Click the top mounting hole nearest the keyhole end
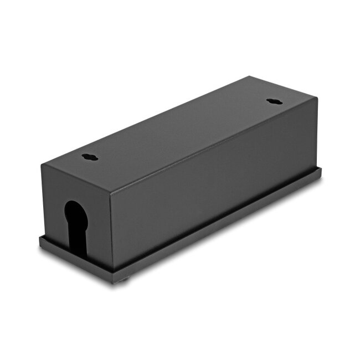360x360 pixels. tap(90, 157)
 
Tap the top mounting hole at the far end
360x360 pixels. tap(274, 101)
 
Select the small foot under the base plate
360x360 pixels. tap(123, 280)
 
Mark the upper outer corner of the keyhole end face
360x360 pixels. tap(43, 164)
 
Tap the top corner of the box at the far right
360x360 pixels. tap(317, 97)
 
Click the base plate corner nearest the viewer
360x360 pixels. tap(114, 282)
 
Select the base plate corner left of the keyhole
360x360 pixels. tap(40, 239)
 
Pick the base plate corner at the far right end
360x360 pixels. tap(321, 172)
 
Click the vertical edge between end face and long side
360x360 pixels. tap(111, 233)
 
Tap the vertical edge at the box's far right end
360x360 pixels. tap(317, 133)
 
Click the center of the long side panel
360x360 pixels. tap(214, 186)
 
